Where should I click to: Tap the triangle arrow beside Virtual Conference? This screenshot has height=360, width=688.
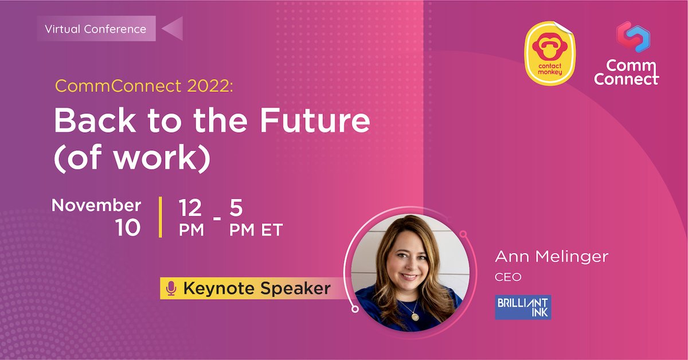(x=171, y=28)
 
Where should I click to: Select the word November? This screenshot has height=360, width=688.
(x=96, y=205)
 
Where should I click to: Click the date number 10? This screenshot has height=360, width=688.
(x=127, y=228)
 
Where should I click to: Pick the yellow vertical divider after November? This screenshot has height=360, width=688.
(x=161, y=217)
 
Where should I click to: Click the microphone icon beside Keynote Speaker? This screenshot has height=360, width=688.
(x=170, y=288)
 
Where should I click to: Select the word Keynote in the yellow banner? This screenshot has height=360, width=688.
(x=219, y=288)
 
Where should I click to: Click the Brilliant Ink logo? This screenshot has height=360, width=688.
(x=523, y=307)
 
